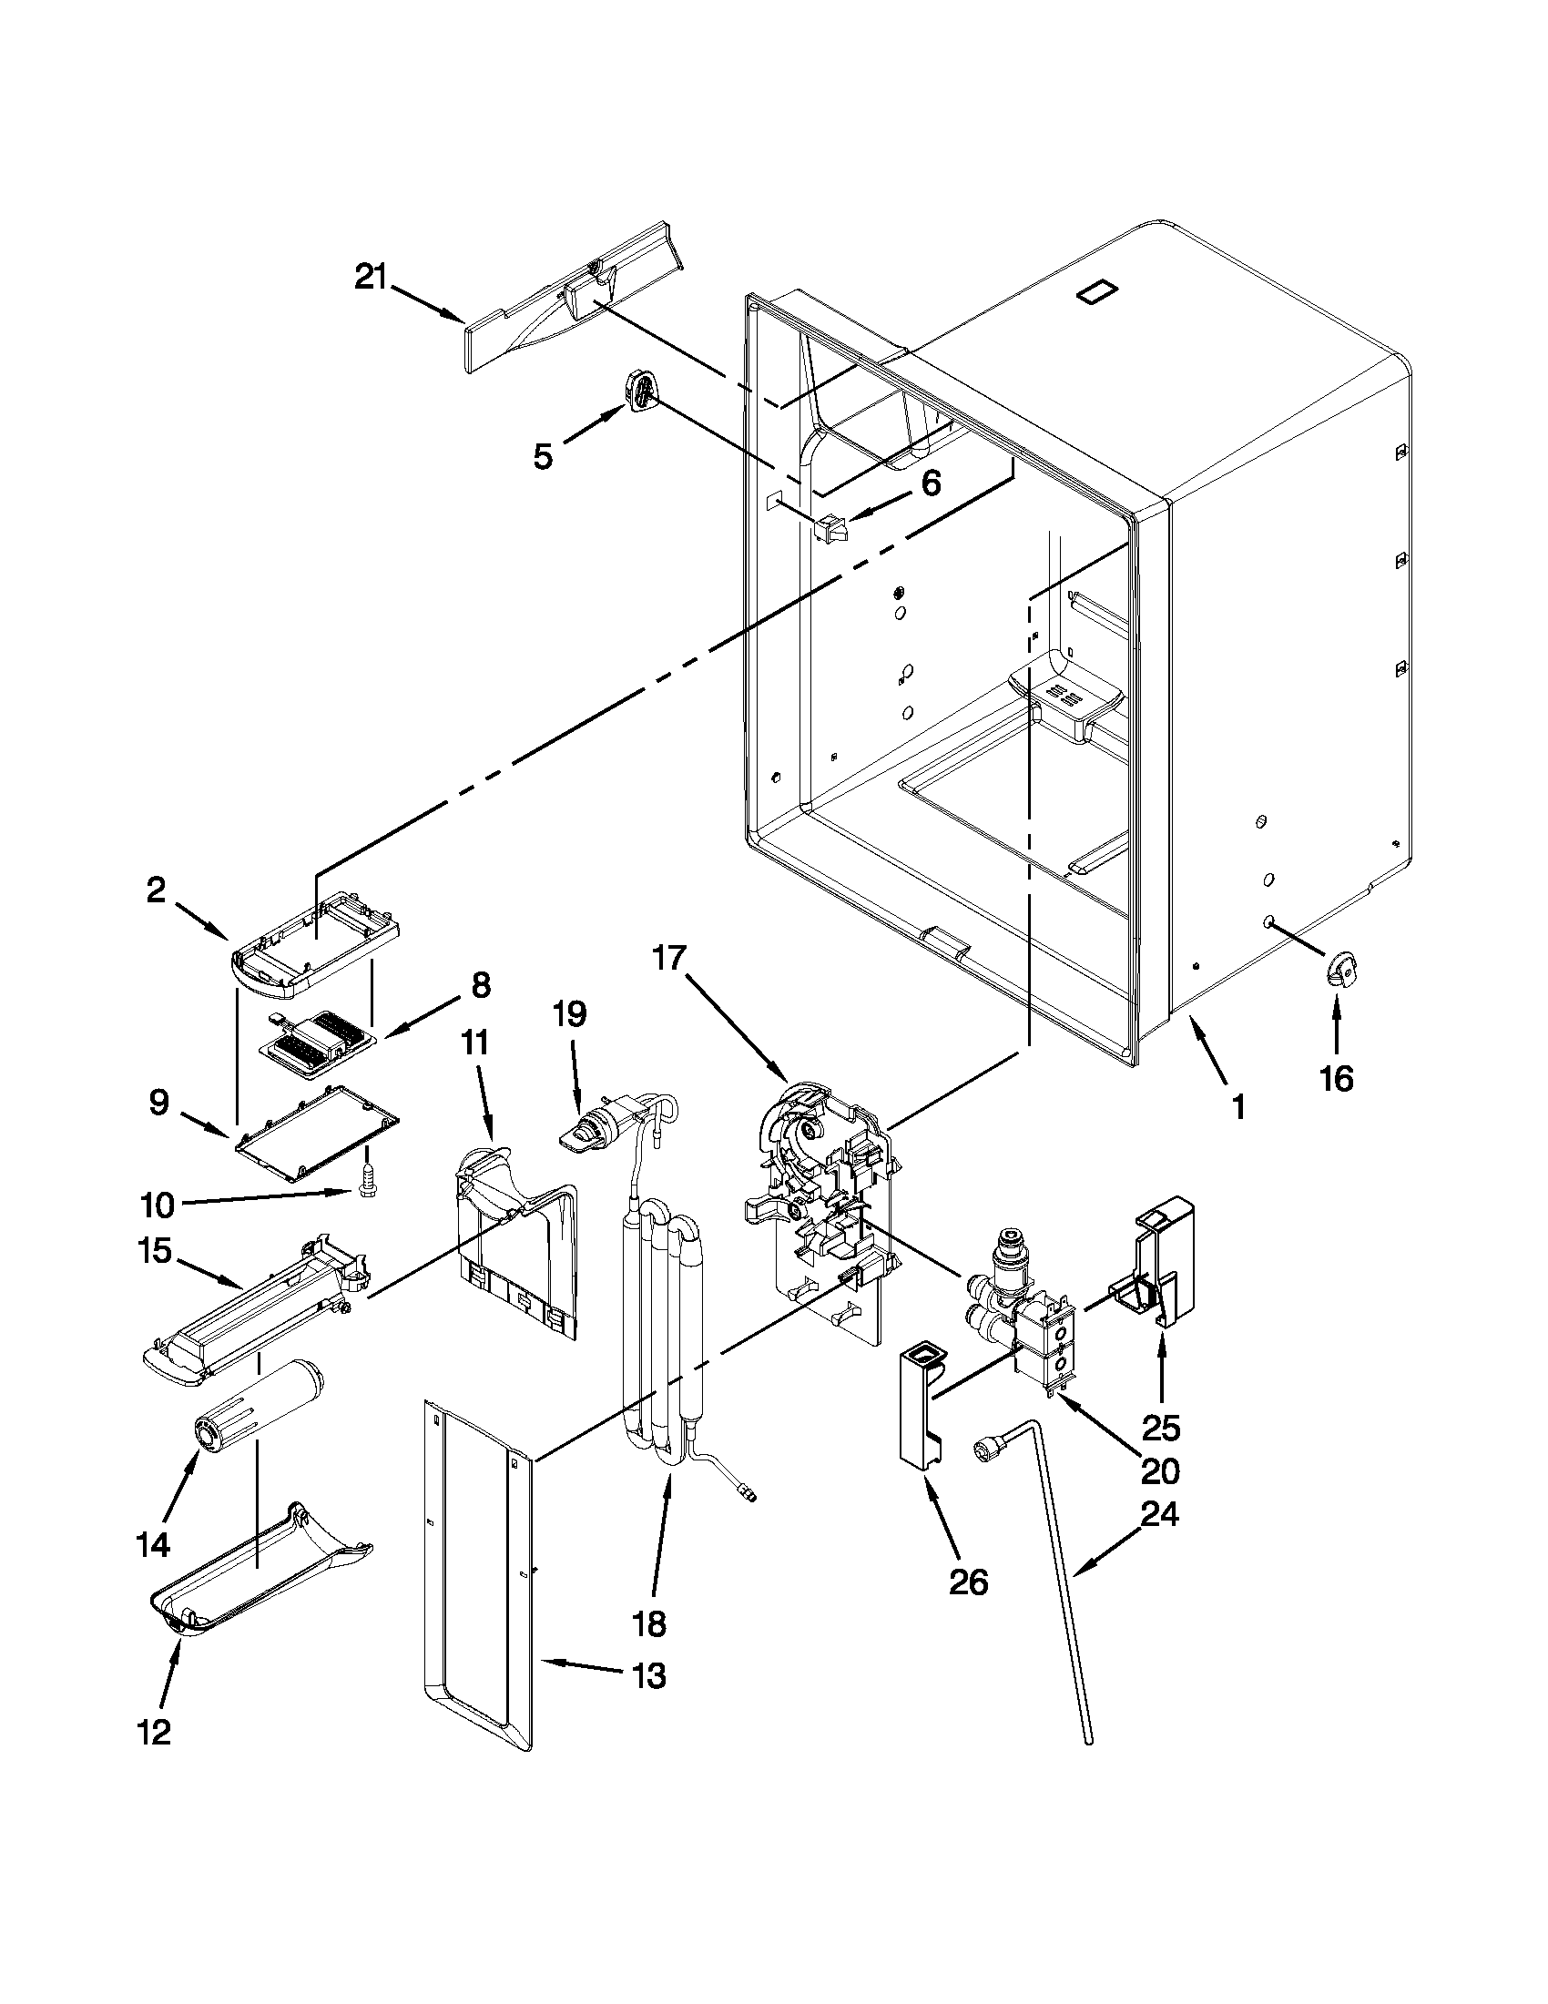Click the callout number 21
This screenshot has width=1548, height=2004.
tap(372, 276)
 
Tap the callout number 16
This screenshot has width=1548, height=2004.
tap(1336, 1079)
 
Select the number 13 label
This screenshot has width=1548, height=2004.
tap(648, 1676)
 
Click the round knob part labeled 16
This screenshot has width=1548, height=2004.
tap(1340, 969)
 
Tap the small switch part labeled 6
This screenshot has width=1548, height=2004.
tap(829, 528)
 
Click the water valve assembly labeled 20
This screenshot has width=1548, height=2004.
tap(1028, 1321)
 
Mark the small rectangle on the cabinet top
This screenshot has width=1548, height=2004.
tap(1098, 292)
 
